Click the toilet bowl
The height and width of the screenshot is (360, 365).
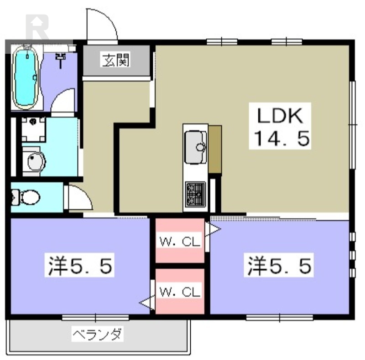pos(27,197)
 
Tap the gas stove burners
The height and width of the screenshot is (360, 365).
pos(195,194)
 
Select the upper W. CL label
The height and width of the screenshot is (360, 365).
pos(180,242)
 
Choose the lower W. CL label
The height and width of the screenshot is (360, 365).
pos(180,292)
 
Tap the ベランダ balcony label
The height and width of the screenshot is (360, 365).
pos(97,335)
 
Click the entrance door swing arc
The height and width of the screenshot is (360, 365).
pos(102,25)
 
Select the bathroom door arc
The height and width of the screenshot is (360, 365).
pos(63,101)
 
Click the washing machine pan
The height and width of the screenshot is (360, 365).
pos(33,129)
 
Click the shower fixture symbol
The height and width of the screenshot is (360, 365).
pos(60,58)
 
